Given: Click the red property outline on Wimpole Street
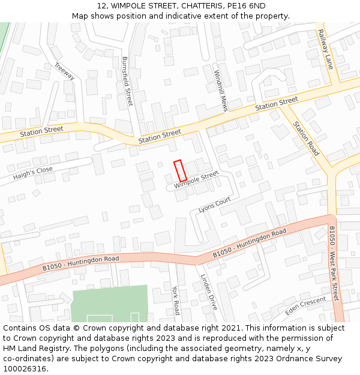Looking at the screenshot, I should [x=180, y=171].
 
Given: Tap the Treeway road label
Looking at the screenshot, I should [x=64, y=72].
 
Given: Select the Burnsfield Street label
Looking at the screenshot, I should [x=127, y=82].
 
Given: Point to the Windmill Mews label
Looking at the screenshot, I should [x=221, y=91].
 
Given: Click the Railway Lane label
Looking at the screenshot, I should [x=325, y=49].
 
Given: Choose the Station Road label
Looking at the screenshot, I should [x=306, y=139].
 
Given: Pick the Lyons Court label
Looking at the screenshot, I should [x=214, y=205].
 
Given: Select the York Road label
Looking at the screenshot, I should [x=175, y=300].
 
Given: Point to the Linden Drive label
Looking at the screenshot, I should [x=208, y=292].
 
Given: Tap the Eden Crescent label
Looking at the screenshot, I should [x=305, y=304].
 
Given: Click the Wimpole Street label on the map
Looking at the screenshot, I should [x=196, y=179].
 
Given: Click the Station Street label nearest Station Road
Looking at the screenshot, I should [x=276, y=103].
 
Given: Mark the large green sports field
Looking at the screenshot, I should [x=109, y=303].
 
